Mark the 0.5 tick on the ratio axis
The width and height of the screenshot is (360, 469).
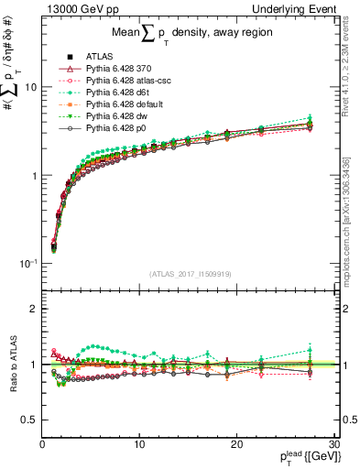[30, 420]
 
